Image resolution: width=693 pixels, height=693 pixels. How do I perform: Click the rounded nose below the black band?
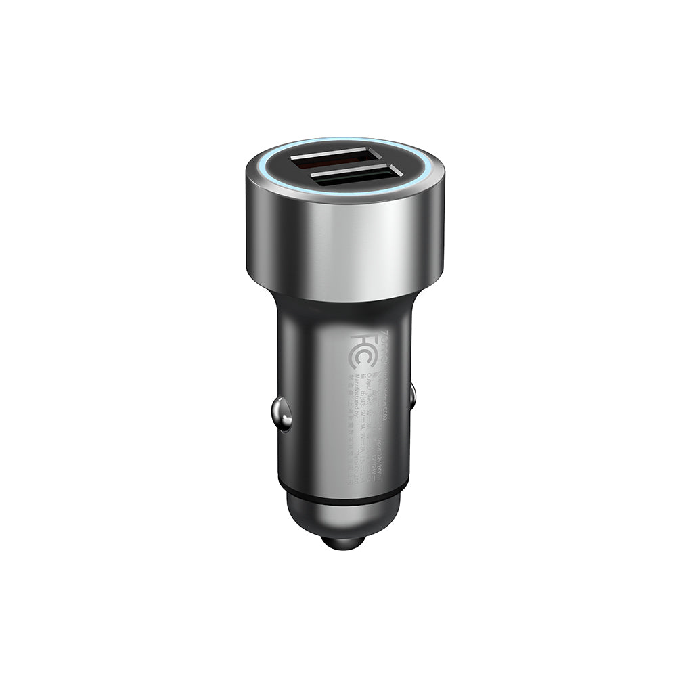344,511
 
